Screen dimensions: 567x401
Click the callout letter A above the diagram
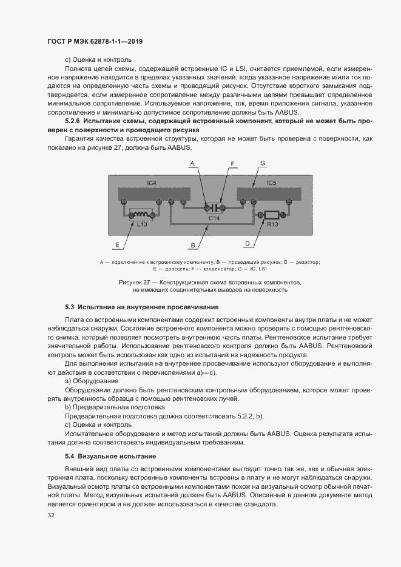pos(192,164)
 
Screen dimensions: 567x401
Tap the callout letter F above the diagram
pos(232,164)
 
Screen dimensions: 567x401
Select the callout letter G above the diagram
pos(263,164)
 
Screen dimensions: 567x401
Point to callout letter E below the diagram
pos(116,244)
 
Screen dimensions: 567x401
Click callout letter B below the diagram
pos(192,245)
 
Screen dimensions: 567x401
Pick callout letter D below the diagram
pos(247,244)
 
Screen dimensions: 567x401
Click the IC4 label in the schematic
pos(152,183)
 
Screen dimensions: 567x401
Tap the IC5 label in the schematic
pos(272,183)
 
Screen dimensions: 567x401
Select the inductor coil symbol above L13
pos(141,213)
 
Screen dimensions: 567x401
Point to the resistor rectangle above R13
pos(270,214)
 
